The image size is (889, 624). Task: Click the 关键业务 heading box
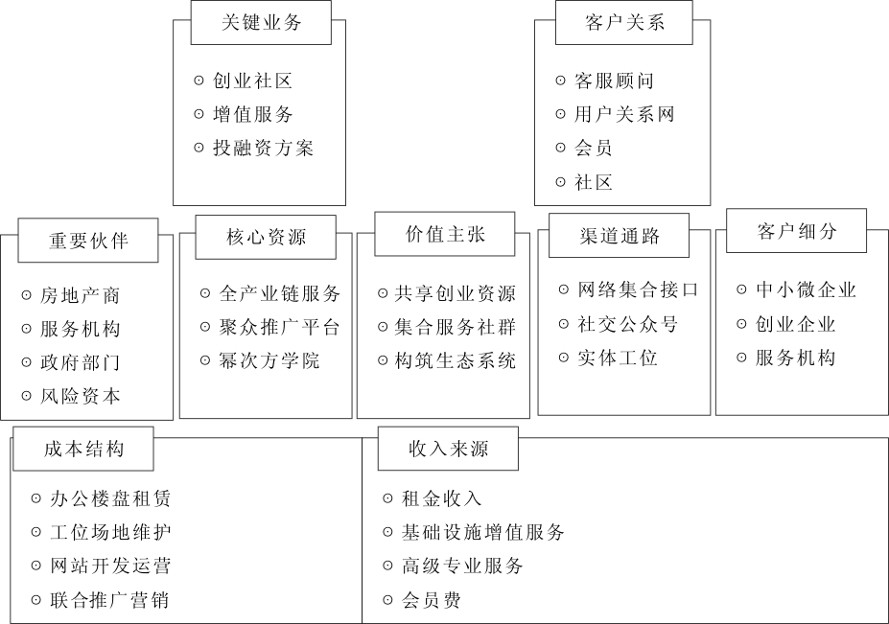(261, 23)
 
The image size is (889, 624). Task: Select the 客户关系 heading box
(623, 23)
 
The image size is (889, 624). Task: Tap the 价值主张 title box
(445, 234)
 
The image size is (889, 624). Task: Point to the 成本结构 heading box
(83, 449)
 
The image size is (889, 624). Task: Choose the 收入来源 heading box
(448, 449)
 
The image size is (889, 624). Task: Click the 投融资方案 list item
(263, 148)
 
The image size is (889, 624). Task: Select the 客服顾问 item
(614, 81)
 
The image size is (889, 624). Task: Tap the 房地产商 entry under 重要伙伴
(80, 295)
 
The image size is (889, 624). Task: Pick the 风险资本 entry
(80, 396)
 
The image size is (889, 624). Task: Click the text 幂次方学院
(269, 360)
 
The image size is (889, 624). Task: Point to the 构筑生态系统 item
(456, 360)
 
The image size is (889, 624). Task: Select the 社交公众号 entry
(627, 324)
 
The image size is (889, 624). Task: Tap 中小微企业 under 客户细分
(806, 289)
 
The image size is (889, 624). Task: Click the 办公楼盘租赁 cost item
(110, 498)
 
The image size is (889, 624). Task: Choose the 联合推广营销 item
(109, 600)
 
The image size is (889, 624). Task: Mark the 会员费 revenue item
(431, 600)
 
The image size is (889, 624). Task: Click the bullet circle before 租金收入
(387, 498)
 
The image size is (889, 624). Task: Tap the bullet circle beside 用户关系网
(561, 114)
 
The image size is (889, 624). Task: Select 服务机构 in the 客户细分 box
(795, 358)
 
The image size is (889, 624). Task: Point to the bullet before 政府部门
(26, 362)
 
